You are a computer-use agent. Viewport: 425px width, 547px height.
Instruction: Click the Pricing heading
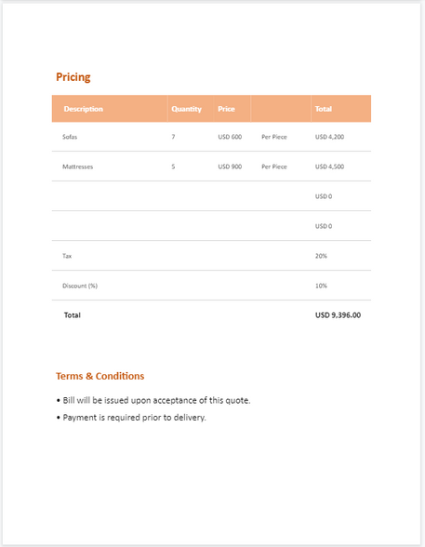point(73,77)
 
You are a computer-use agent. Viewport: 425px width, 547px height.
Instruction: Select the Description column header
point(83,109)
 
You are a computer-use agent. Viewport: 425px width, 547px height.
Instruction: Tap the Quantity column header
point(186,109)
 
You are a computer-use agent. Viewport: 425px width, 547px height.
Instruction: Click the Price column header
point(226,109)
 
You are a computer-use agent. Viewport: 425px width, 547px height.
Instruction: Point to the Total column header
point(324,109)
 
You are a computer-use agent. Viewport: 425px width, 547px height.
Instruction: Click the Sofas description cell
point(70,137)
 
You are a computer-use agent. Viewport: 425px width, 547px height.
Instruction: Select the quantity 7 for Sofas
point(173,137)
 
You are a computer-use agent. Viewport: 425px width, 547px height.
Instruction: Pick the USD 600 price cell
point(230,137)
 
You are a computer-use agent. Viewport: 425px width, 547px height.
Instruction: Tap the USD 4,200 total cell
point(329,137)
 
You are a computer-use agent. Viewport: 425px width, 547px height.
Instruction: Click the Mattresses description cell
point(77,167)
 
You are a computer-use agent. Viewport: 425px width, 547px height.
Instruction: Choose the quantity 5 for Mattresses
point(173,167)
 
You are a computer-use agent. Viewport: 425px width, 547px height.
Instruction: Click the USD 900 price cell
point(230,167)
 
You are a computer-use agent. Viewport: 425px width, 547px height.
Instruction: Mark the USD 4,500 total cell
point(329,167)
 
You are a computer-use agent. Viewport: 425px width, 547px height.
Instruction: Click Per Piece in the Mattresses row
point(274,167)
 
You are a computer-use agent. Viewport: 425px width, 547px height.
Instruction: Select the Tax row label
point(67,256)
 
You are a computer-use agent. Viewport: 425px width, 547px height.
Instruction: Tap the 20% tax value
point(321,256)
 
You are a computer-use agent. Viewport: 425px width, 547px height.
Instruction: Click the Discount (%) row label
point(80,286)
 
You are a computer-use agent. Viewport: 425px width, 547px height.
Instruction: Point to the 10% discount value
point(321,286)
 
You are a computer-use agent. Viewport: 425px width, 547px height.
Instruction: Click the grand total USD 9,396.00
point(338,315)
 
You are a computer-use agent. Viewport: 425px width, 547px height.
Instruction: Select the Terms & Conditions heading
point(100,376)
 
